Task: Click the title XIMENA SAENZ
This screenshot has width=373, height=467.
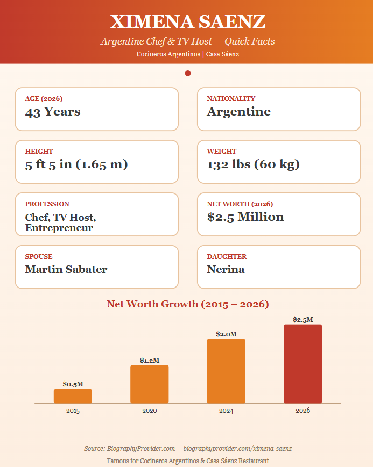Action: point(188,21)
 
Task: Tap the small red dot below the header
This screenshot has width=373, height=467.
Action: point(188,73)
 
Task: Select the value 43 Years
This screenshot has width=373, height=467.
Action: point(53,112)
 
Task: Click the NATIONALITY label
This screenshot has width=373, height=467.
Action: point(231,98)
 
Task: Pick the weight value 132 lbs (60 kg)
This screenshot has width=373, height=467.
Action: point(254,164)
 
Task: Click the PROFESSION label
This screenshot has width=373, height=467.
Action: point(47,204)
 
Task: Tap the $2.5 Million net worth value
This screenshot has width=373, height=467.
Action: point(245,217)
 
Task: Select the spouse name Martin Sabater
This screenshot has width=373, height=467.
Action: point(66,269)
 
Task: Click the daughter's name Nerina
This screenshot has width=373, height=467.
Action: point(226,269)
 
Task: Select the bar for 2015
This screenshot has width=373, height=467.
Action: point(73,396)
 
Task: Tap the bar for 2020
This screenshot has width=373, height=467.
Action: point(150,384)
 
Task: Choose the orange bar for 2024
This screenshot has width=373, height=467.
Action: point(226,371)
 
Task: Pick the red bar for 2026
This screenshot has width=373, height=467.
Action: point(303,364)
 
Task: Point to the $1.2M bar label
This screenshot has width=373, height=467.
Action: point(150,361)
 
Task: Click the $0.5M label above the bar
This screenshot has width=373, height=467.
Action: point(73,384)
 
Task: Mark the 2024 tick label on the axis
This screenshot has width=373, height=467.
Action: point(226,411)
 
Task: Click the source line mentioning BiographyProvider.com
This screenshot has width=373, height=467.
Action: point(188,449)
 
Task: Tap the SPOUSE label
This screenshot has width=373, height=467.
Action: point(39,257)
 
